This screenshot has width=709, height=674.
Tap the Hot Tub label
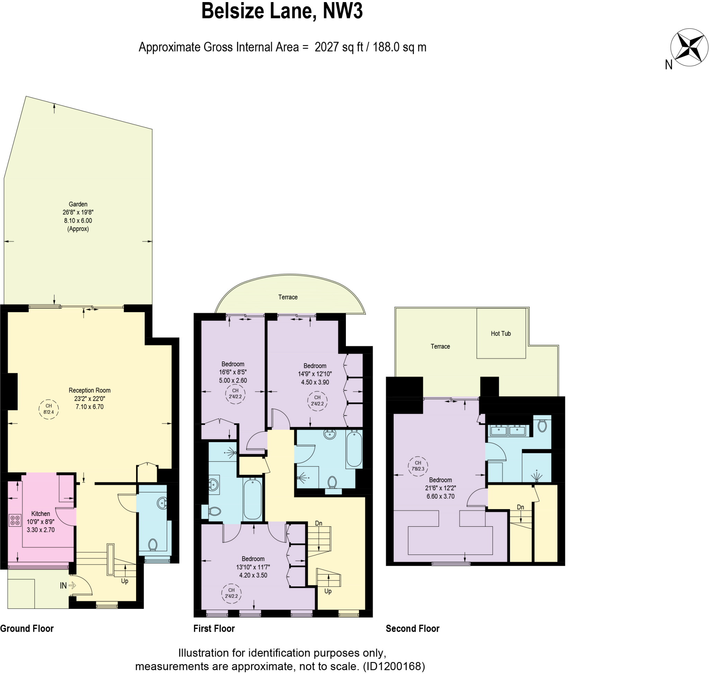pos(501,333)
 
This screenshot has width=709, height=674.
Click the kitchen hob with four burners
pos(15,520)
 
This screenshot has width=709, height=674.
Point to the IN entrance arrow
pos(72,585)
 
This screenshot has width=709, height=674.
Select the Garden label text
pos(78,204)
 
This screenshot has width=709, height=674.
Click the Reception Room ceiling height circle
pos(48,409)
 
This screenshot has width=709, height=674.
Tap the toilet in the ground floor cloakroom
pos(153,545)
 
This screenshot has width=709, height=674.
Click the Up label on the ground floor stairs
pos(125,581)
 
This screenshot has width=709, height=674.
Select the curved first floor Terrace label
pos(288,297)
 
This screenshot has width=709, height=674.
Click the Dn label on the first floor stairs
pos(318,523)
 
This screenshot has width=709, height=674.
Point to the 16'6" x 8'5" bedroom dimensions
pos(233,372)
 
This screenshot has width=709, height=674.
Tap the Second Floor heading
pos(412,628)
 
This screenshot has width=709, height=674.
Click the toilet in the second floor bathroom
pos(542,426)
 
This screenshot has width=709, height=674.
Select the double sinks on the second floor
pos(508,430)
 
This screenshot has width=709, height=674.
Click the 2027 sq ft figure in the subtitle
pos(339,47)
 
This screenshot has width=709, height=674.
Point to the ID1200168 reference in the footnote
pos(394,666)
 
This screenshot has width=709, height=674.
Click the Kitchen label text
pos(41,514)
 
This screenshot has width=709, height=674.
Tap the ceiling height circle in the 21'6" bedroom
pos(418,466)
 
